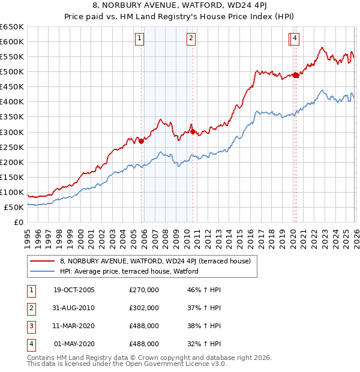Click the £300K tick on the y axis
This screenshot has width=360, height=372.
coord(13,132)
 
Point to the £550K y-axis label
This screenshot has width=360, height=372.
coord(13,56)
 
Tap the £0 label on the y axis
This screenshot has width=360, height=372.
coord(19,222)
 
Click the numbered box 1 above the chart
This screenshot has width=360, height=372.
coord(139,39)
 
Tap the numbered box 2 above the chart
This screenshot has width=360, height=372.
coord(191,39)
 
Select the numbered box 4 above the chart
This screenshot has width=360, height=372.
coord(296,39)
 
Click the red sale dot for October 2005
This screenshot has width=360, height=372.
coord(142,141)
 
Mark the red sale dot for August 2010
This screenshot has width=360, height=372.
coord(193,131)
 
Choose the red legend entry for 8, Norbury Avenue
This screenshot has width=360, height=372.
coord(159,261)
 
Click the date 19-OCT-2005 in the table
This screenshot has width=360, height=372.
coord(74,290)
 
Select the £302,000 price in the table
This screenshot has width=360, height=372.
coord(144,308)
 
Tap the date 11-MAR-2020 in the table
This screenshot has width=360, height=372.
coord(74,326)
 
